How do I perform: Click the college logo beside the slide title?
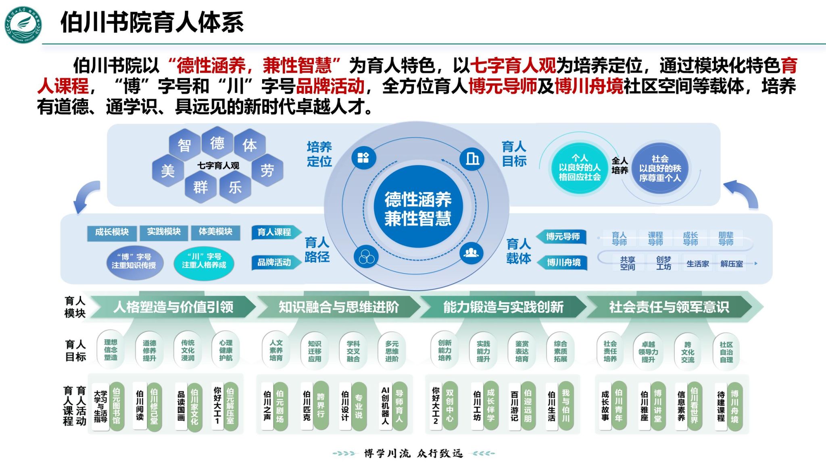[x=23, y=24]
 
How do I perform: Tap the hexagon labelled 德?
[x=217, y=143]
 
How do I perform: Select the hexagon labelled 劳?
[x=267, y=170]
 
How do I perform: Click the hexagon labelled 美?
[x=168, y=171]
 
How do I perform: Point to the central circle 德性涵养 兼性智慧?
[x=417, y=209]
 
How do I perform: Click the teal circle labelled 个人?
[x=580, y=167]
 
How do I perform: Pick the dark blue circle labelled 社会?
[x=660, y=168]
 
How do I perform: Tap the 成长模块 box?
[x=112, y=232]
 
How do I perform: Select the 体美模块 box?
[x=215, y=232]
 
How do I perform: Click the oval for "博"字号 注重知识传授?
[x=134, y=261]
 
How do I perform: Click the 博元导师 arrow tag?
[x=562, y=236]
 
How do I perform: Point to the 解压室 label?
[x=731, y=264]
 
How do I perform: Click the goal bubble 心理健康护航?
[x=226, y=350]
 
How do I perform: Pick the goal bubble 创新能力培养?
[x=444, y=350]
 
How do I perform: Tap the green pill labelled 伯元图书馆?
[x=117, y=406]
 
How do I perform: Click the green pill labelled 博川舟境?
[x=735, y=406]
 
